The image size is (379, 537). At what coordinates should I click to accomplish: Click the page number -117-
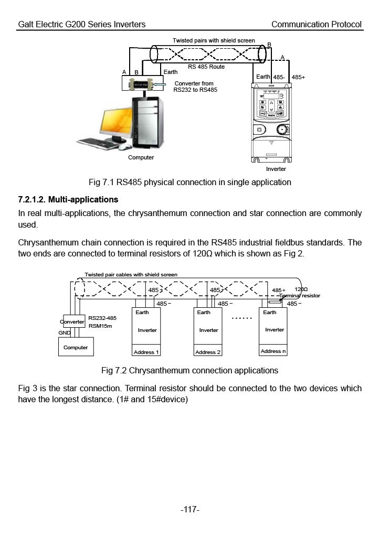[190, 509]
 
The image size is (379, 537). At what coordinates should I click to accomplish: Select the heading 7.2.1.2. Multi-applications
[68, 199]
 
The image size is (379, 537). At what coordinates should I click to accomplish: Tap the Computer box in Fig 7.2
[76, 347]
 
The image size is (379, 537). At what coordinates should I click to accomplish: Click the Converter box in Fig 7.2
[73, 321]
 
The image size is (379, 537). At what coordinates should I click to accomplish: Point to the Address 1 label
[146, 352]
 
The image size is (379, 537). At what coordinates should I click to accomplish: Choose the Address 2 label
[208, 352]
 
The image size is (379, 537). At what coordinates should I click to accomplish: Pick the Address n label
[273, 351]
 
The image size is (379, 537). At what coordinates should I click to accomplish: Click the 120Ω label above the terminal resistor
[301, 289]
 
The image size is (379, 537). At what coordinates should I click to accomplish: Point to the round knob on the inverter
[282, 130]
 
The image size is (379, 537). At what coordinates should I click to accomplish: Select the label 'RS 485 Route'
[206, 67]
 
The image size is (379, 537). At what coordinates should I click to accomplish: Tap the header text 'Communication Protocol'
[317, 24]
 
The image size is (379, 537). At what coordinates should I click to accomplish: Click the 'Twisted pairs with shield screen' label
[214, 40]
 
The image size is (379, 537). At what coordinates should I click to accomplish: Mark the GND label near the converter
[65, 332]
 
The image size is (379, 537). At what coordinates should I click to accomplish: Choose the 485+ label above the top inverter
[298, 78]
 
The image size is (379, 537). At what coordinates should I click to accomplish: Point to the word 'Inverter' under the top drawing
[276, 169]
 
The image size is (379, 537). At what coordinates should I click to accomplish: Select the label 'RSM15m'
[100, 326]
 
